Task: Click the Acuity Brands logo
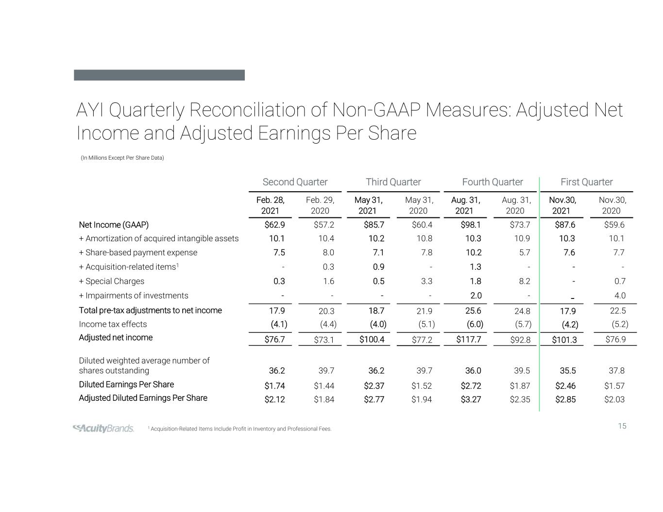(103, 428)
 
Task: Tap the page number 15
(622, 426)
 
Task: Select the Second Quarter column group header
(295, 182)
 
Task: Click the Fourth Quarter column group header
(492, 182)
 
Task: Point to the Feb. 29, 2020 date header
(320, 205)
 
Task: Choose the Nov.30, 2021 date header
(562, 205)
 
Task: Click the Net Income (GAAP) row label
(114, 225)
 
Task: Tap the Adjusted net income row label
(116, 337)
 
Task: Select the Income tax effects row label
(113, 324)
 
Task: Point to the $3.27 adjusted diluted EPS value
(470, 399)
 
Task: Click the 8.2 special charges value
(524, 281)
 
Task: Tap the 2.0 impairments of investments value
(476, 296)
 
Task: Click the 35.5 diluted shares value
(567, 371)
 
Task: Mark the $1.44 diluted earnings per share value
(324, 386)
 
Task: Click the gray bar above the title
(159, 75)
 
